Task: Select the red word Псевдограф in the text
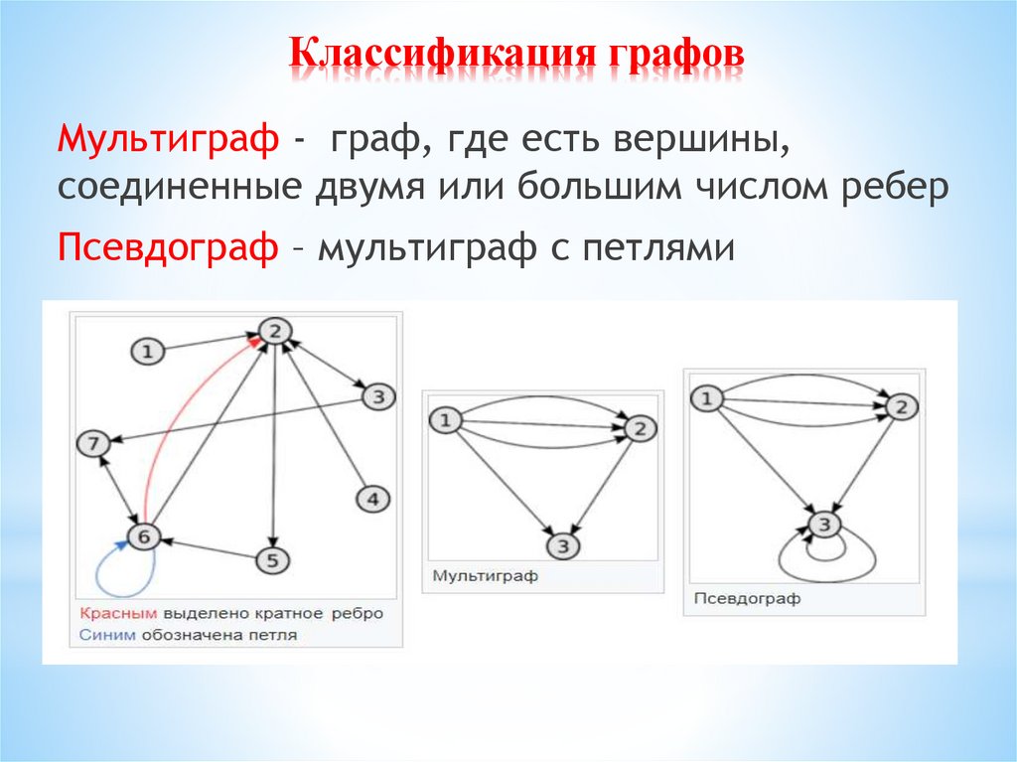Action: pyautogui.click(x=168, y=247)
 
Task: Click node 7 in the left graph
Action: pyautogui.click(x=93, y=445)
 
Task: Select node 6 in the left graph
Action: pyautogui.click(x=144, y=536)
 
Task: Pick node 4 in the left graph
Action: pyautogui.click(x=372, y=500)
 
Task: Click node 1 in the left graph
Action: pyautogui.click(x=147, y=351)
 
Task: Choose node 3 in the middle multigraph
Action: pyautogui.click(x=562, y=545)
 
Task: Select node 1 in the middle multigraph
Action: pyautogui.click(x=445, y=421)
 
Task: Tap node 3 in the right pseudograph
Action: pyautogui.click(x=825, y=524)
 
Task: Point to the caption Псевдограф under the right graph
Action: pyautogui.click(x=733, y=599)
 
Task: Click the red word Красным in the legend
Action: pyautogui.click(x=119, y=613)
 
